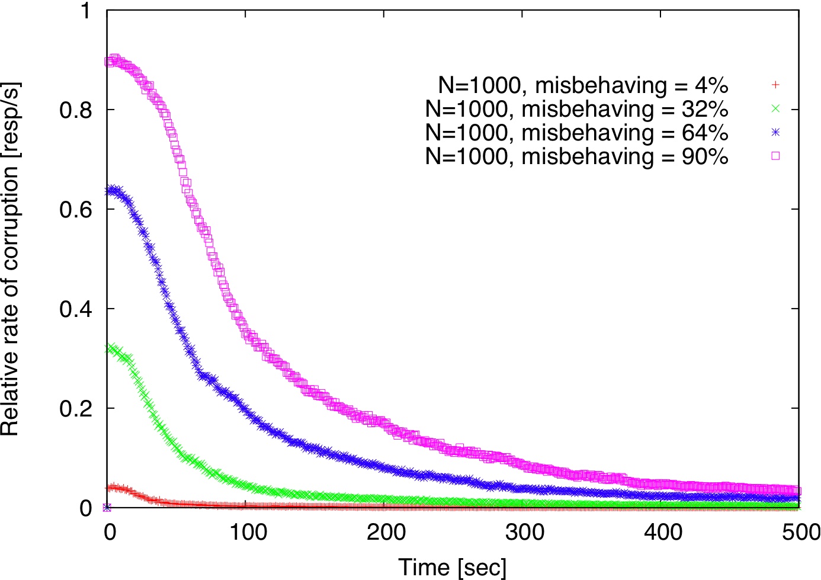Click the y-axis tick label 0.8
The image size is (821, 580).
point(75,110)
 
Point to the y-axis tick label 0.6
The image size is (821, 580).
point(75,210)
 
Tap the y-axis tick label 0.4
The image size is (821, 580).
point(75,309)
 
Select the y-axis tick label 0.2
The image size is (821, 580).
point(75,409)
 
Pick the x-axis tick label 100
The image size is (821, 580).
point(248,532)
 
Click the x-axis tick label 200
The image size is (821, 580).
point(386,532)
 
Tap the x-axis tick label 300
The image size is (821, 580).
point(525,532)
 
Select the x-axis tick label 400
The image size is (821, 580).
point(663,532)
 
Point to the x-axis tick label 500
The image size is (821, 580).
point(800,532)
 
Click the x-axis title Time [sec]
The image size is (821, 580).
point(453,567)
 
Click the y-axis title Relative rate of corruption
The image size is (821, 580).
point(11,259)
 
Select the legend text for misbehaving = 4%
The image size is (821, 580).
point(583,85)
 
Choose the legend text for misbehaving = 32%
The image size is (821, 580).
point(576,109)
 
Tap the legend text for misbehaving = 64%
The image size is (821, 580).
point(576,133)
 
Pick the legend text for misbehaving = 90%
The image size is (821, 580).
point(576,156)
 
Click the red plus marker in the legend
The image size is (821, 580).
point(775,85)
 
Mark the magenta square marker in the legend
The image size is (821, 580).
point(775,156)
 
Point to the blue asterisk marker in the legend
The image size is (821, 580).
point(775,132)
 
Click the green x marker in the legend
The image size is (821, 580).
point(775,108)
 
